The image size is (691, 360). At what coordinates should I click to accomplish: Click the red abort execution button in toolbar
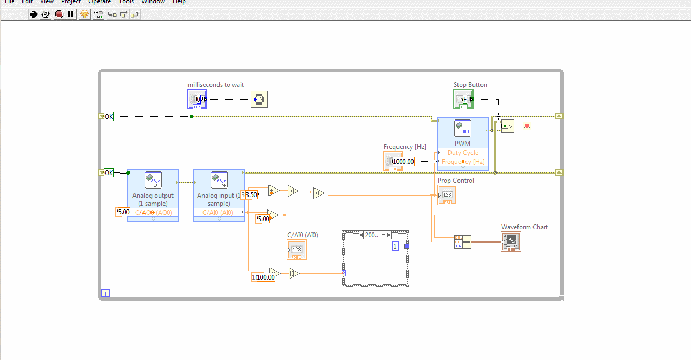coord(59,14)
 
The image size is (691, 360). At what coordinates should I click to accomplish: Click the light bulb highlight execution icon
coord(84,14)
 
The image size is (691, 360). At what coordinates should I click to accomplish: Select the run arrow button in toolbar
coord(34,14)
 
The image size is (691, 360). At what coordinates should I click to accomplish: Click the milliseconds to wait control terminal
coord(197,99)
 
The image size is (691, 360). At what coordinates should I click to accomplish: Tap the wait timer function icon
coord(259,99)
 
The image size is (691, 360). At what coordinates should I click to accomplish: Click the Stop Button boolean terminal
coord(464,99)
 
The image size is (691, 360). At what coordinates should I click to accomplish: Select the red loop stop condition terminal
coord(527,126)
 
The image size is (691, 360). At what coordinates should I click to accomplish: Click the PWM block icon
coord(462,129)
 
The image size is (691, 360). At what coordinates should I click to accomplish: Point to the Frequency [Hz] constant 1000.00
coord(403,161)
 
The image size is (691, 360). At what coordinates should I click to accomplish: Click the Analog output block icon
coord(153,180)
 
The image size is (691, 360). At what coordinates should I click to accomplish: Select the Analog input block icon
coord(219,180)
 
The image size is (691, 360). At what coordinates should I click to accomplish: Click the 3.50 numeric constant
coord(250,195)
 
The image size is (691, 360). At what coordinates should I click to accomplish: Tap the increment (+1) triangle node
coord(319,193)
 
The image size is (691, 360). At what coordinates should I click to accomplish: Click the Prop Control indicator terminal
coord(447,195)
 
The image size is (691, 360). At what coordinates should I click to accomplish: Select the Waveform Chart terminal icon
coord(511,242)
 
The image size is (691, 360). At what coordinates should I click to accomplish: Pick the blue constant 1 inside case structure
coord(395,246)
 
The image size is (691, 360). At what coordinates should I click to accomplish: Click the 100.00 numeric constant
coord(265,277)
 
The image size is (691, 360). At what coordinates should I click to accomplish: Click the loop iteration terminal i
coord(106,293)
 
